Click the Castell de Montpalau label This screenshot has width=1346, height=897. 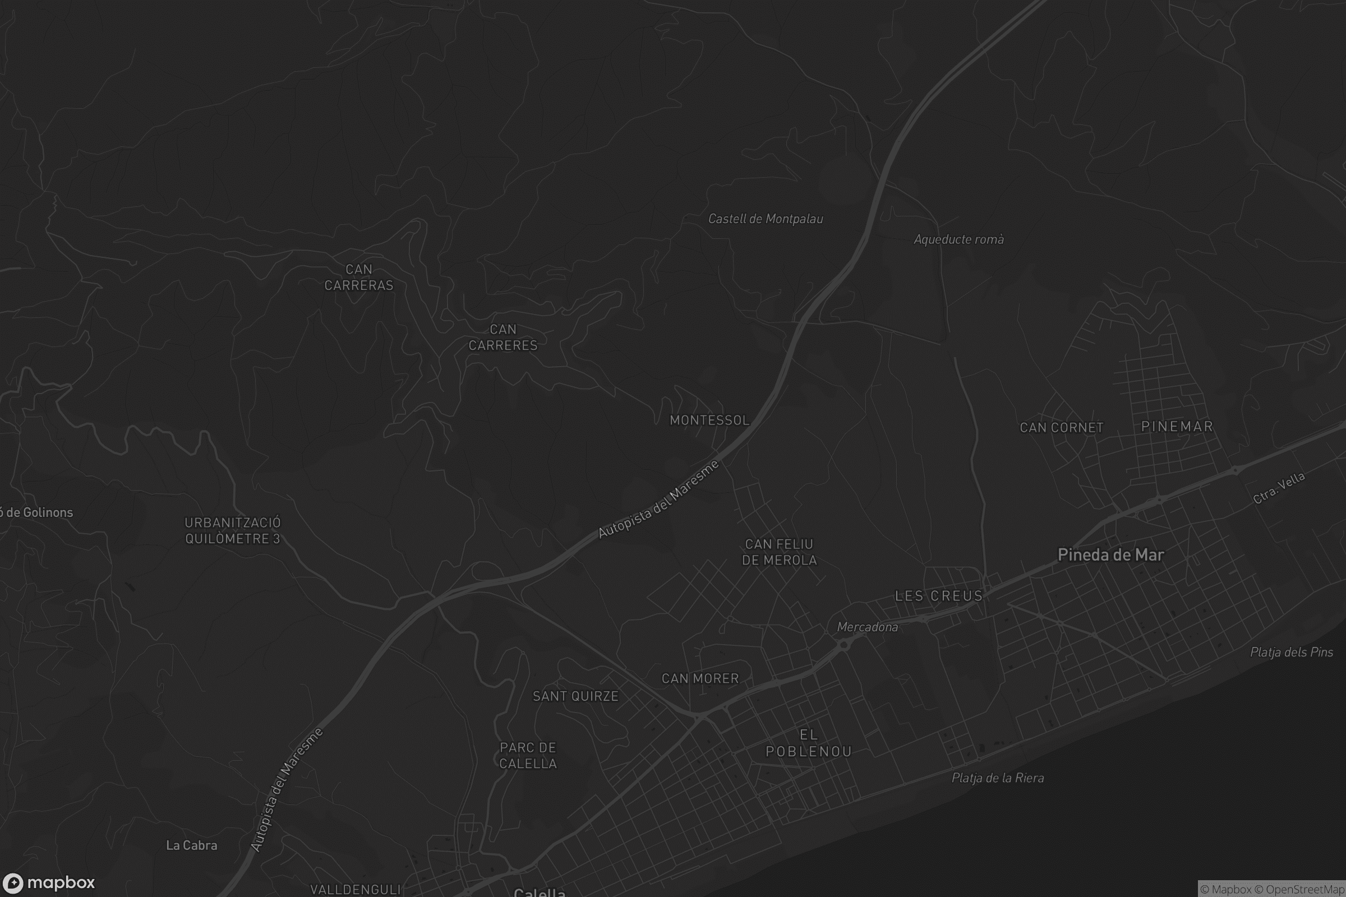click(765, 219)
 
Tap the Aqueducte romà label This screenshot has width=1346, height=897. click(958, 239)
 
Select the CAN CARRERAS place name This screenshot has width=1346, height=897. click(359, 278)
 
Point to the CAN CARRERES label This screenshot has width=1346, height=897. click(503, 337)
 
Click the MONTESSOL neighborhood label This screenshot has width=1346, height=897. click(709, 420)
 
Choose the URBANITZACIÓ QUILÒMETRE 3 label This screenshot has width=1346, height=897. click(232, 531)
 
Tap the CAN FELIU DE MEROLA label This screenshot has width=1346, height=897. click(780, 552)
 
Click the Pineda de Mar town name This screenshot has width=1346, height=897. click(1110, 555)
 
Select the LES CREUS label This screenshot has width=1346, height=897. click(938, 596)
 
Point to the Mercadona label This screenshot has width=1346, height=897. click(867, 627)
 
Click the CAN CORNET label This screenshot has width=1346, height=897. click(1062, 428)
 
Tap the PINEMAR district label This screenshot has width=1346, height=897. click(1177, 427)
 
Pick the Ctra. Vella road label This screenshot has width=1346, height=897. click(1279, 488)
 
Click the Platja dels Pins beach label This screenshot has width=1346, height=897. click(1291, 652)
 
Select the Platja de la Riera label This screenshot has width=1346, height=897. click(998, 778)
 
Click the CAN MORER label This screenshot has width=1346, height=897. click(700, 678)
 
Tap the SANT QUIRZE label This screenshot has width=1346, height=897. click(575, 696)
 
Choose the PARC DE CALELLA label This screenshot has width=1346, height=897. click(528, 756)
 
